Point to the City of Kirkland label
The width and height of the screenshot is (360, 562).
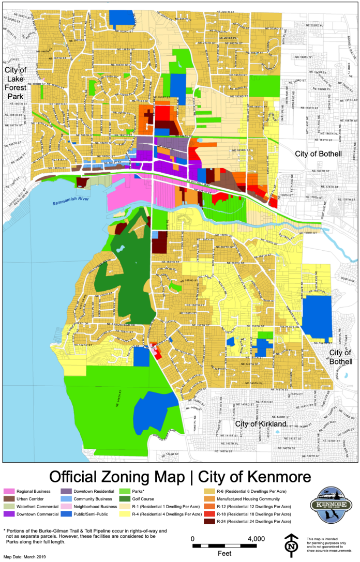(x=261, y=424)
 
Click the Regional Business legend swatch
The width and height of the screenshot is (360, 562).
(x=9, y=491)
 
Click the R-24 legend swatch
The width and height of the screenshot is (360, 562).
(x=209, y=522)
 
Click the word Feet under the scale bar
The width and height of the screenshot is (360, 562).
(x=224, y=553)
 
